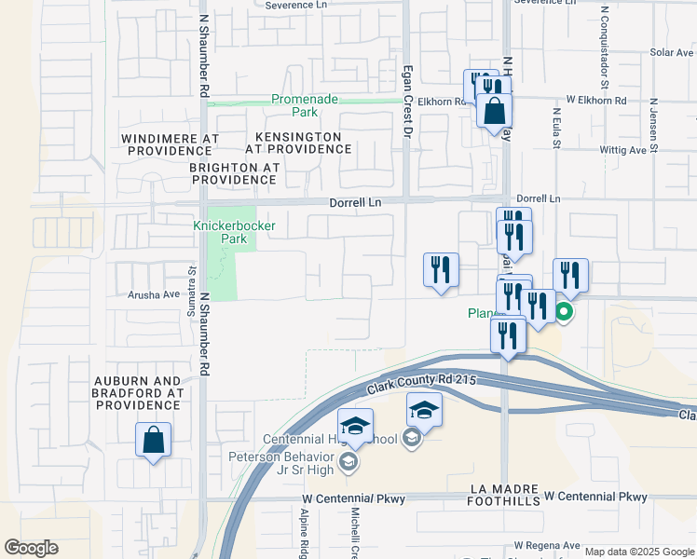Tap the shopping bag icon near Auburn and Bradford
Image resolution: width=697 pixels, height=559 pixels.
[x=153, y=441]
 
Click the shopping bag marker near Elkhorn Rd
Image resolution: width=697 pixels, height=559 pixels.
[x=494, y=111]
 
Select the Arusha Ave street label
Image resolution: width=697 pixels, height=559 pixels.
[x=153, y=294]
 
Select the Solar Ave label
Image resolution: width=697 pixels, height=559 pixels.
[x=672, y=52]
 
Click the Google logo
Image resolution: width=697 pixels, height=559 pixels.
[x=31, y=548]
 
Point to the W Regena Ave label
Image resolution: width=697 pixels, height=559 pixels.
[x=547, y=546]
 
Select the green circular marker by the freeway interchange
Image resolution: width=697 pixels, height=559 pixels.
[x=563, y=312]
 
